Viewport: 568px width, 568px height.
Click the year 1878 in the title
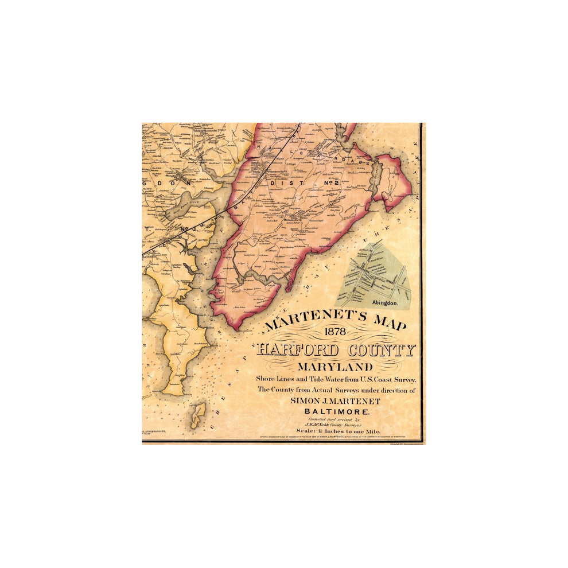tap(336, 332)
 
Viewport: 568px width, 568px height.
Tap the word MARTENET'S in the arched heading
tap(310, 323)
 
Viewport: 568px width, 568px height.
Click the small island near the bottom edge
tap(198, 415)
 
